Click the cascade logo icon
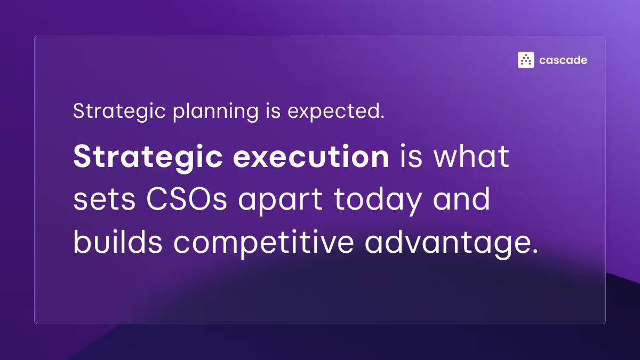pos(526,60)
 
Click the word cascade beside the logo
pos(563,60)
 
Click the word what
pos(474,157)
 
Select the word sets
pos(98,200)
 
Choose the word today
pos(380,200)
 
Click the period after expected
pos(382,117)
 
